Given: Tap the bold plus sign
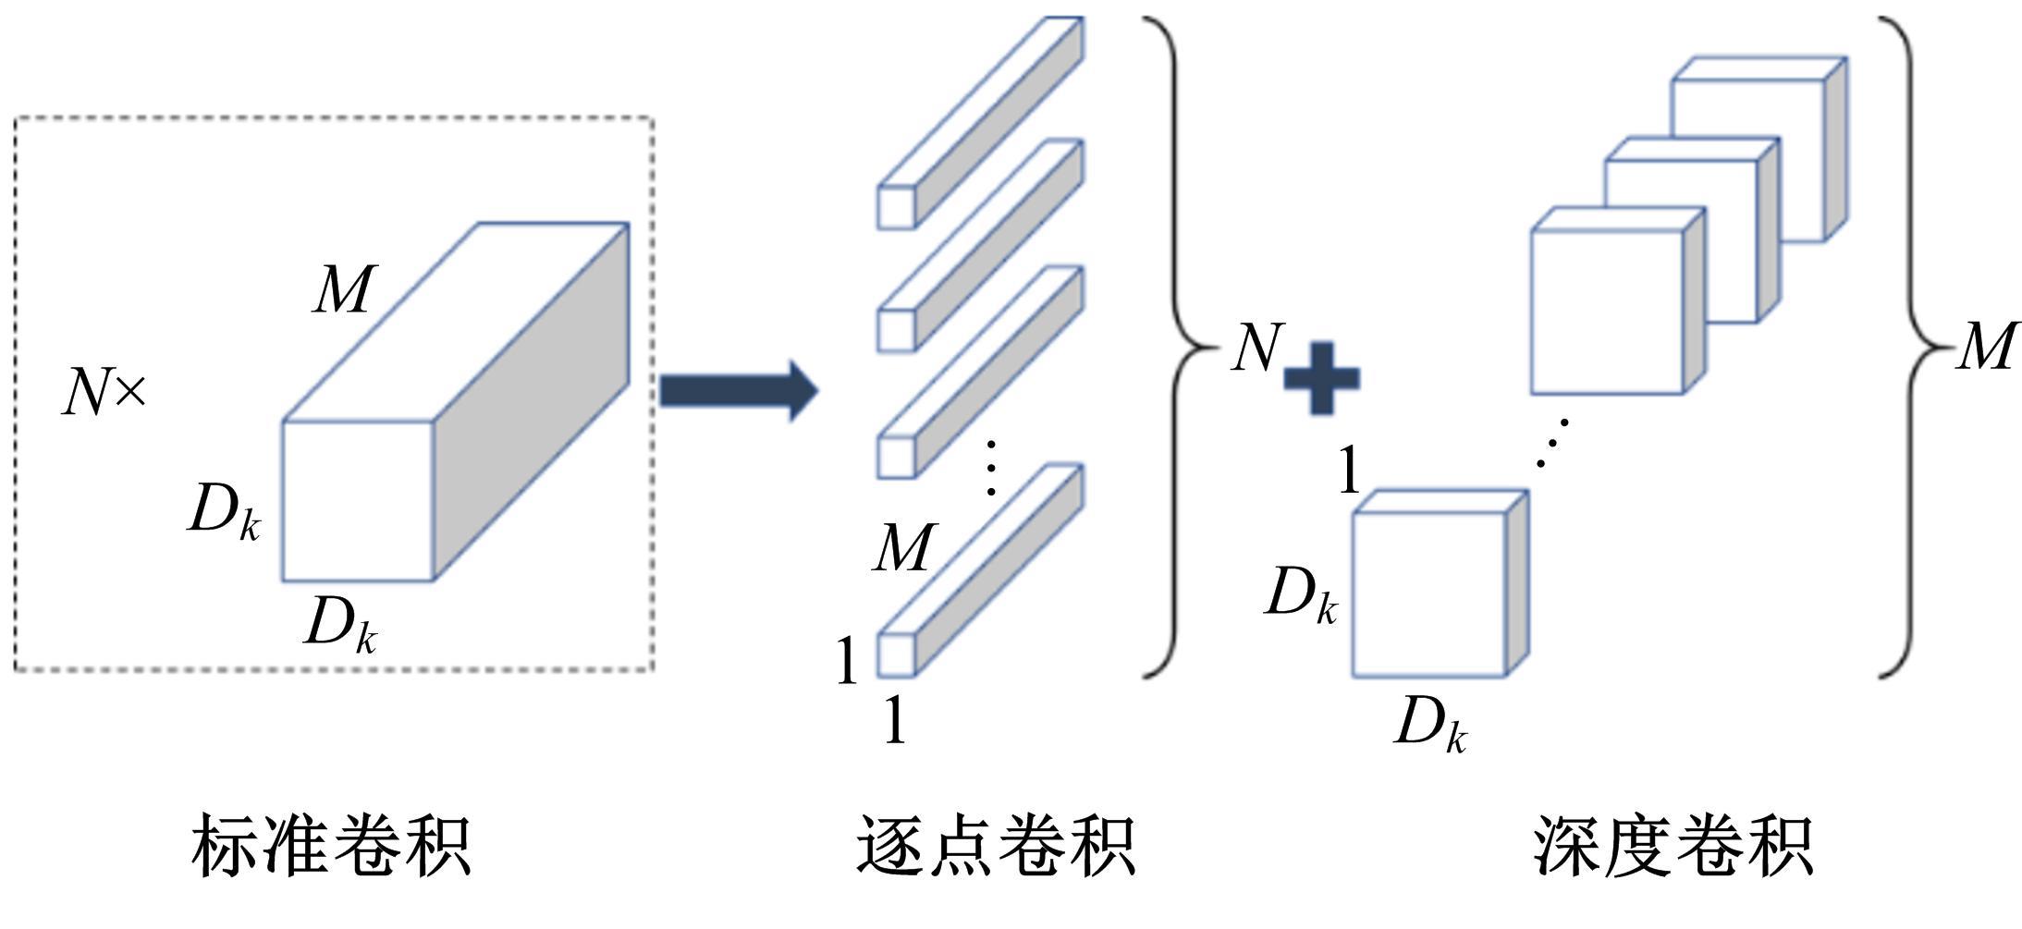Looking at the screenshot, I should (x=1322, y=378).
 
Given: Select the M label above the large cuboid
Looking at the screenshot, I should (x=344, y=289).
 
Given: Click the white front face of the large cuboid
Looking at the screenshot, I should (x=358, y=501).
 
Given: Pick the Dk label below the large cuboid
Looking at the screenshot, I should (x=340, y=625).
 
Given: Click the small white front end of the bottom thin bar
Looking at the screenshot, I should (x=895, y=654).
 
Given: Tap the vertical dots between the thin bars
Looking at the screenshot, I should (x=990, y=468).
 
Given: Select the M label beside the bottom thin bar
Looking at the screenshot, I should (x=903, y=548).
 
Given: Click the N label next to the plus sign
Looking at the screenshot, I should (x=1257, y=348).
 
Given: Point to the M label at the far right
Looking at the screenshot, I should (x=1986, y=348).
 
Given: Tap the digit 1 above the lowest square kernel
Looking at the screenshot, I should (x=1349, y=470).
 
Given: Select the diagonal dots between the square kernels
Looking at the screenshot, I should (x=1553, y=443).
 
